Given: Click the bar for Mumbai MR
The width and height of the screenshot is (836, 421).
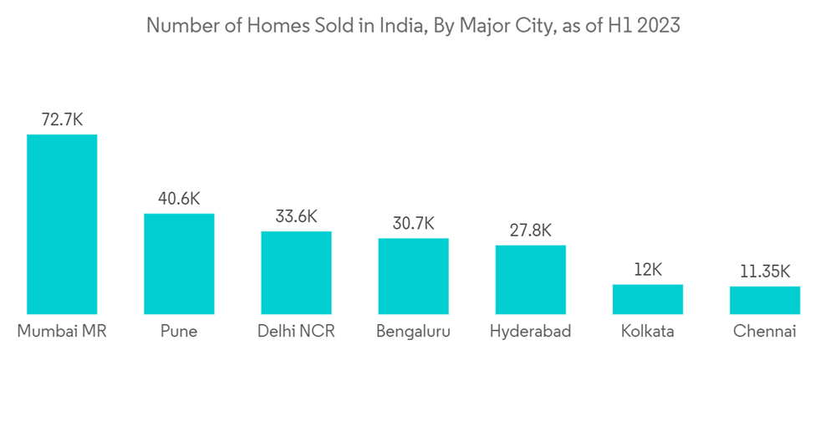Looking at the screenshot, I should pos(62,224).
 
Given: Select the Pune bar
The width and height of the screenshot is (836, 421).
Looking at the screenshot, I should pos(179,264).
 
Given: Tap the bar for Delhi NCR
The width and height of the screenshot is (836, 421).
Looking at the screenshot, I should pos(296,272).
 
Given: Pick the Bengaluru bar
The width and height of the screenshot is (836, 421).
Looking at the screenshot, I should pos(413,276).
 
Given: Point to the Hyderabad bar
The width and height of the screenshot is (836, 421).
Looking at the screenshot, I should pos(530,280).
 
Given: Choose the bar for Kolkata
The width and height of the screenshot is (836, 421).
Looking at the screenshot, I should pos(647,299).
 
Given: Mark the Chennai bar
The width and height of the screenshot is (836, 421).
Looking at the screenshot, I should pos(764,300).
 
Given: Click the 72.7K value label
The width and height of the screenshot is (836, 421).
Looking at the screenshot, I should pos(62,119).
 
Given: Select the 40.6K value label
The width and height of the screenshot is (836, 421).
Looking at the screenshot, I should pos(179,199).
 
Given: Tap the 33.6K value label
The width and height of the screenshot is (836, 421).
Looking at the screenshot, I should pos(296,216).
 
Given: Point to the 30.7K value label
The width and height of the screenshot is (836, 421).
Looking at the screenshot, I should pos(413,223).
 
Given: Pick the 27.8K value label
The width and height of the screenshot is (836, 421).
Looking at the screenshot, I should pos(530,231).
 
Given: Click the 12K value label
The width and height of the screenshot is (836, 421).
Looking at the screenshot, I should pos(647,270).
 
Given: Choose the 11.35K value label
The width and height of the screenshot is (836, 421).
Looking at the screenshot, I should pos(764,271).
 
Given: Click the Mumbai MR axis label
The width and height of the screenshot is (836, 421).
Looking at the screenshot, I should pos(62,332).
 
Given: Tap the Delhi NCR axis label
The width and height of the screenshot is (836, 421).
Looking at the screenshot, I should pos(296,332).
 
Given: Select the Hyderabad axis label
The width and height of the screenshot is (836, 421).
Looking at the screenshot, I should pos(530,332).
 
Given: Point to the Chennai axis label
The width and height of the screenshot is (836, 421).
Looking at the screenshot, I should pos(764,332).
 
